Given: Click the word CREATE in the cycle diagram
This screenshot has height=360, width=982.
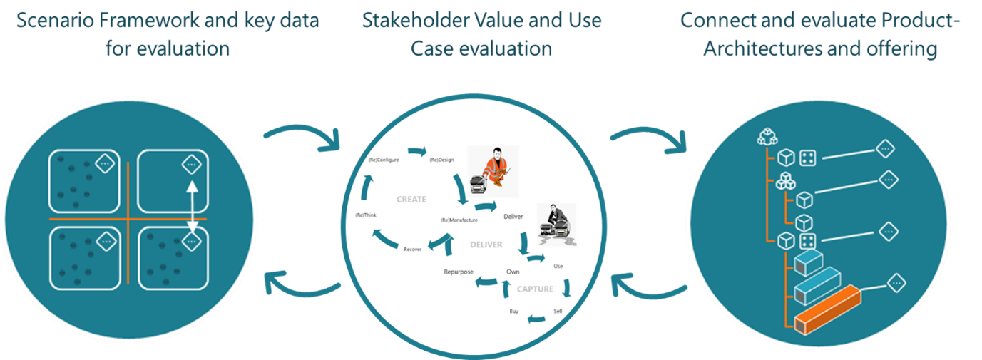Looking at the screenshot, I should [411, 200].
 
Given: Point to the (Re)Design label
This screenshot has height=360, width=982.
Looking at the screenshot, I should [443, 160].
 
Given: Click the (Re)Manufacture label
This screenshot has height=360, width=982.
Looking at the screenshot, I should [459, 220].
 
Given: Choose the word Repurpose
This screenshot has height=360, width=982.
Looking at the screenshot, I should [459, 272].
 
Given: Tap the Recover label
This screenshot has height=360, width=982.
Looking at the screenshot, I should [413, 250].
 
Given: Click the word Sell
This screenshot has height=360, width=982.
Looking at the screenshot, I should [558, 311].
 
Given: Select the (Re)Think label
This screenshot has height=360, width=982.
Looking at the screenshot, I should [365, 215].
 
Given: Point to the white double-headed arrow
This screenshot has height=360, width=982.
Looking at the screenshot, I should [192, 207].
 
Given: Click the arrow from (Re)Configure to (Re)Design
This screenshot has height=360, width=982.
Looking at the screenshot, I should [416, 151].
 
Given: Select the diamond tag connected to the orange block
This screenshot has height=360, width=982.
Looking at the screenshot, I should [896, 284].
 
